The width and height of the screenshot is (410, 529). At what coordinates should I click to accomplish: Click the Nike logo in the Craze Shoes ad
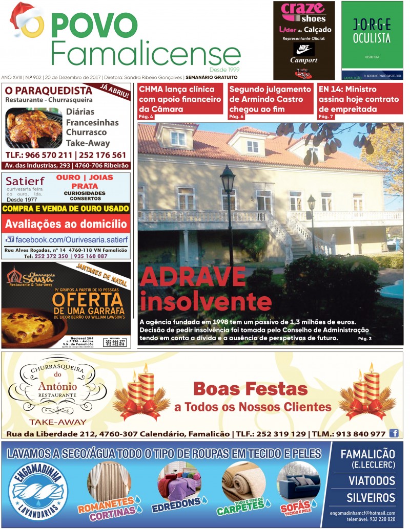[x=303, y=50]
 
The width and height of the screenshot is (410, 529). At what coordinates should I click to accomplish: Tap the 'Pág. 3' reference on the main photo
[x=364, y=339]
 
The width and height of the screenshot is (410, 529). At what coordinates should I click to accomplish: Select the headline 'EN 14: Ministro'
[x=347, y=89]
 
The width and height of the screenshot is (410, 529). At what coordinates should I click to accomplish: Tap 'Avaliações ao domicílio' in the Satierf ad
[x=66, y=224]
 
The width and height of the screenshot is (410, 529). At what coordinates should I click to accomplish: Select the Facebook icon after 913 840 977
[x=394, y=433]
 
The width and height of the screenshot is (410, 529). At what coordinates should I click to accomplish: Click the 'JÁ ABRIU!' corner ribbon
[x=116, y=91]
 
